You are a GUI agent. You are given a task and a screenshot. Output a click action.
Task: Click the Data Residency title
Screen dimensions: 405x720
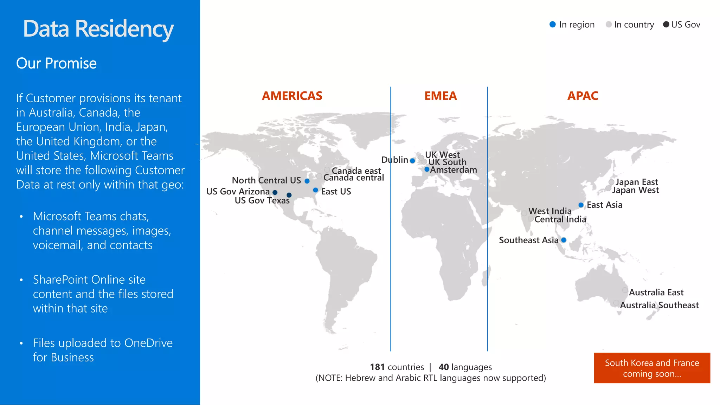click(x=98, y=29)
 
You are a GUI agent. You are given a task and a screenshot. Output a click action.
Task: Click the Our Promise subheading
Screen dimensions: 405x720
click(x=56, y=63)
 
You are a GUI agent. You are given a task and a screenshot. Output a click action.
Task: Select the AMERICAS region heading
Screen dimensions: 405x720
click(x=292, y=96)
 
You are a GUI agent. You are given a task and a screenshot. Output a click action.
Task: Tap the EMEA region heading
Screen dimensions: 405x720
click(x=441, y=96)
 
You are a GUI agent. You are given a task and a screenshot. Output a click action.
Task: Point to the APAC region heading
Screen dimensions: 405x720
click(x=583, y=96)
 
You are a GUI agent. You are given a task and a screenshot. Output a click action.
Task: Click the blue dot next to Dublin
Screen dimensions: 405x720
click(x=412, y=161)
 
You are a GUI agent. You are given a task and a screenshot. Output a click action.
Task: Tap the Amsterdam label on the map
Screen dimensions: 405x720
click(x=454, y=170)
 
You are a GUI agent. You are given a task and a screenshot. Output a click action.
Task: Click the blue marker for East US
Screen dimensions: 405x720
click(x=315, y=190)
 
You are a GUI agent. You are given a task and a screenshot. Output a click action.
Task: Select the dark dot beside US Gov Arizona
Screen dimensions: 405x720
click(x=275, y=192)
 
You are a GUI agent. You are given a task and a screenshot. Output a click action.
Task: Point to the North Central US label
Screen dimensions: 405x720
click(x=266, y=180)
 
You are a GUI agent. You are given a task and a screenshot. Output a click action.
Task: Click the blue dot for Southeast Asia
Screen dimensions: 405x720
click(x=564, y=240)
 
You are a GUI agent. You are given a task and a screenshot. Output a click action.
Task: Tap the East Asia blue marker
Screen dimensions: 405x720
click(x=581, y=205)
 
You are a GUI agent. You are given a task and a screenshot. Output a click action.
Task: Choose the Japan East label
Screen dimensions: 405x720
click(x=637, y=182)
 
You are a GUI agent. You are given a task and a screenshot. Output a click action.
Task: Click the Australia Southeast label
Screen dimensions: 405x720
click(x=659, y=305)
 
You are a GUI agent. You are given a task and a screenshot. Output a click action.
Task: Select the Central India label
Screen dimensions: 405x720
click(x=560, y=219)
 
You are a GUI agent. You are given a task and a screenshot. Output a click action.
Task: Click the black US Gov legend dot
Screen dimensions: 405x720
click(x=666, y=24)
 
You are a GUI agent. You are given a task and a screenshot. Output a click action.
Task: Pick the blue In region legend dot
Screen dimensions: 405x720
click(x=553, y=24)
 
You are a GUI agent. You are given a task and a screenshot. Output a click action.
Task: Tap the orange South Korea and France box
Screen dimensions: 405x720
click(x=652, y=368)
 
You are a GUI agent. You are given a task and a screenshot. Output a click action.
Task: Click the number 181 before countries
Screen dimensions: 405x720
click(x=377, y=367)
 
